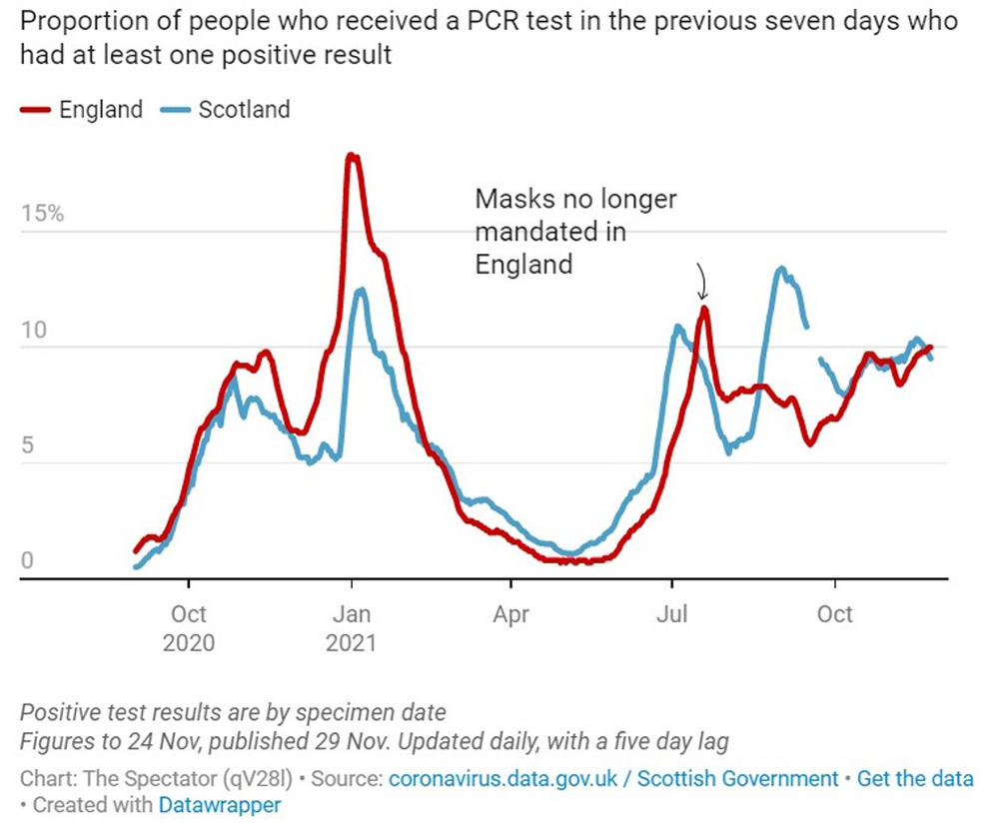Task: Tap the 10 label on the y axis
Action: point(36,331)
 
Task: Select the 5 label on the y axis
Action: point(29,445)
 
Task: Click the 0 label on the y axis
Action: point(28,561)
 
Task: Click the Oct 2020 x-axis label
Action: point(189,626)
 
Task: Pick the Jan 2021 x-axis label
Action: point(351,626)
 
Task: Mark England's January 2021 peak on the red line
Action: point(351,156)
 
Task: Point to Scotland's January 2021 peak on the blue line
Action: point(360,290)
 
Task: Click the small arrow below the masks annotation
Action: point(701,282)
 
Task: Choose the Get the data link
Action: point(915,779)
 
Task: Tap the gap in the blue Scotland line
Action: point(813,343)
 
